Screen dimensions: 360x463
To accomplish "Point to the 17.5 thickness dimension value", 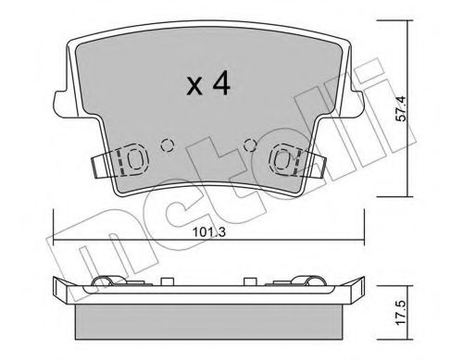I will [x=427, y=308].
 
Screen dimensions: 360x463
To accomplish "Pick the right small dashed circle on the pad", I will [x=247, y=143].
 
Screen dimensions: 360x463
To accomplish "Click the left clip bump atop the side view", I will [x=106, y=281].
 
